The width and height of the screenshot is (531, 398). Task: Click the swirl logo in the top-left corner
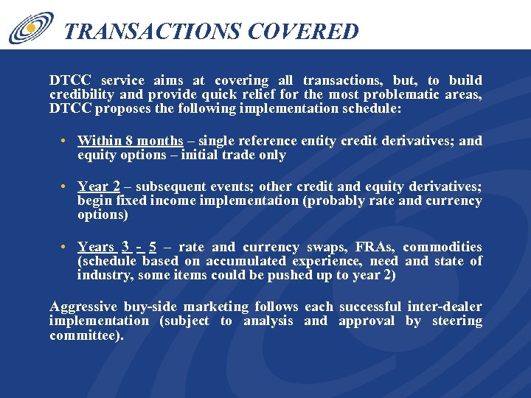pyautogui.click(x=31, y=28)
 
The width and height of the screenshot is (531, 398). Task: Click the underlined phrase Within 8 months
pyautogui.click(x=130, y=141)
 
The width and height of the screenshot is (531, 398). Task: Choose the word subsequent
pyautogui.click(x=170, y=187)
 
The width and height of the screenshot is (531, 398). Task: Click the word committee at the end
pyautogui.click(x=85, y=335)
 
